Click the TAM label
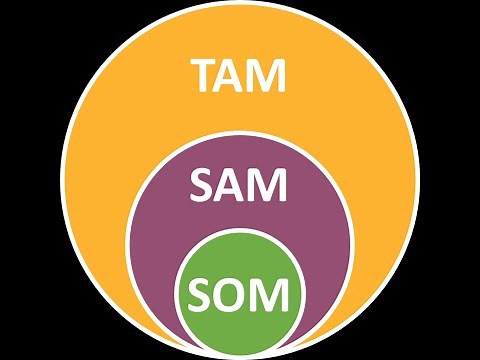240,75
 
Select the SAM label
240,186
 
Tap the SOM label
240,294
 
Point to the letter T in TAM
206,75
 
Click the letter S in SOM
201,294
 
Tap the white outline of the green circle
240,232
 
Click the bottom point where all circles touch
240,352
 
